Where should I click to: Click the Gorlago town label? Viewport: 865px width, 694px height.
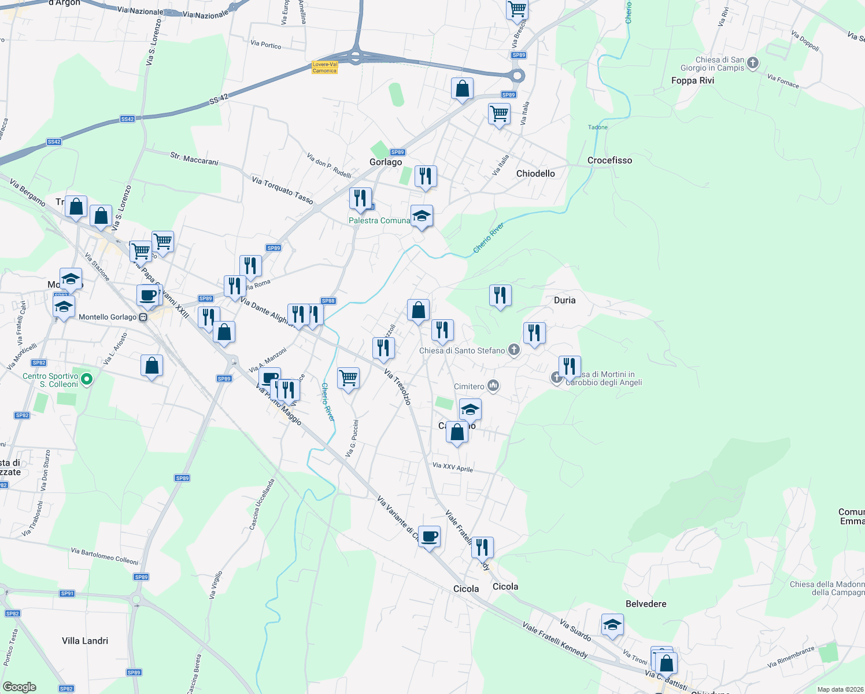tap(386, 162)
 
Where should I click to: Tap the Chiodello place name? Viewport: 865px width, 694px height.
tap(535, 173)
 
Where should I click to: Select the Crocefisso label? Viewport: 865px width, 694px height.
tap(609, 160)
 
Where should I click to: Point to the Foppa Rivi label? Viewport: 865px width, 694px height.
tap(692, 80)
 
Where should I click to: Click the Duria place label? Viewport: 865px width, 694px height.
tap(564, 300)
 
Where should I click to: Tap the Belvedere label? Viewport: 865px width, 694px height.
tap(646, 604)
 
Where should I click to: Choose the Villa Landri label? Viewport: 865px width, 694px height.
tap(85, 641)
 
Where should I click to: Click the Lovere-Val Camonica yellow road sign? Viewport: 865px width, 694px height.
tap(324, 68)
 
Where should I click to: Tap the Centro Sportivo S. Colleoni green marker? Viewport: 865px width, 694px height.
tap(87, 379)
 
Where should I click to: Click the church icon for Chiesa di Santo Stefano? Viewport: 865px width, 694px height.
tap(513, 349)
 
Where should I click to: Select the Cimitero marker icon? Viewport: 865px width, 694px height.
tap(493, 385)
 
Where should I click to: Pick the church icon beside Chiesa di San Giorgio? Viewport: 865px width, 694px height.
tap(752, 62)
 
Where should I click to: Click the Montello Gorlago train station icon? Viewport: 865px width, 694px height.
tap(143, 317)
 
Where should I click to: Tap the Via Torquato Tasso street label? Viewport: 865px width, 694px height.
tap(282, 191)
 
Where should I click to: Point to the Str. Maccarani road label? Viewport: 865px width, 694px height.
tap(194, 158)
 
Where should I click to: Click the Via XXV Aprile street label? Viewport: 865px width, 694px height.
tap(453, 467)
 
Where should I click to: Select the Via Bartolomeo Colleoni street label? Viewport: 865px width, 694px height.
tap(105, 556)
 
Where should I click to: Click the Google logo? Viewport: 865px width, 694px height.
tap(19, 686)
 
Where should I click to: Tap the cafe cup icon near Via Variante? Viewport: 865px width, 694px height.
tap(429, 537)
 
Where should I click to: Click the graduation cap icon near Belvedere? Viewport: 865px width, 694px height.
tap(612, 625)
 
